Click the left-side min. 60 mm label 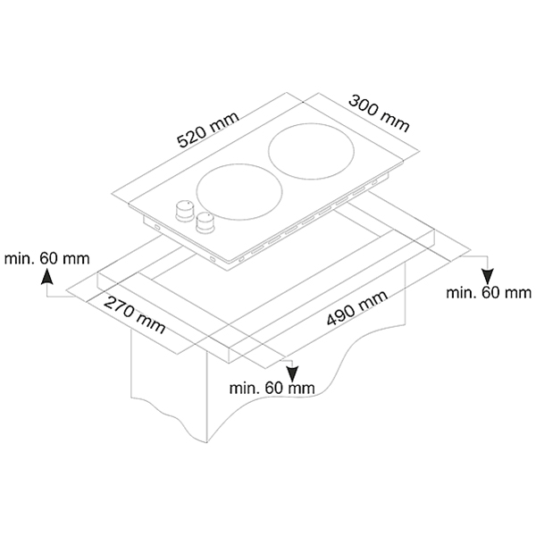(x=46, y=258)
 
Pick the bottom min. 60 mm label (x=272, y=387)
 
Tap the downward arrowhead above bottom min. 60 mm (x=291, y=369)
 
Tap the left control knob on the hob (x=186, y=209)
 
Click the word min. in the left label (x=21, y=258)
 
